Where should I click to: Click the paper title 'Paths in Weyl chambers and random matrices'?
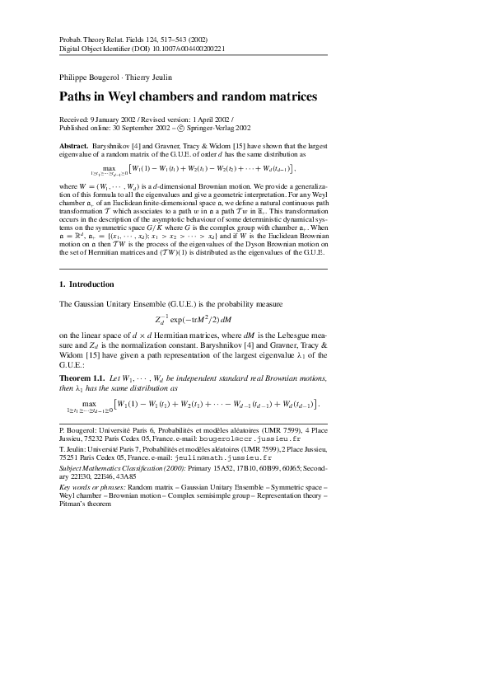click(189, 97)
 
